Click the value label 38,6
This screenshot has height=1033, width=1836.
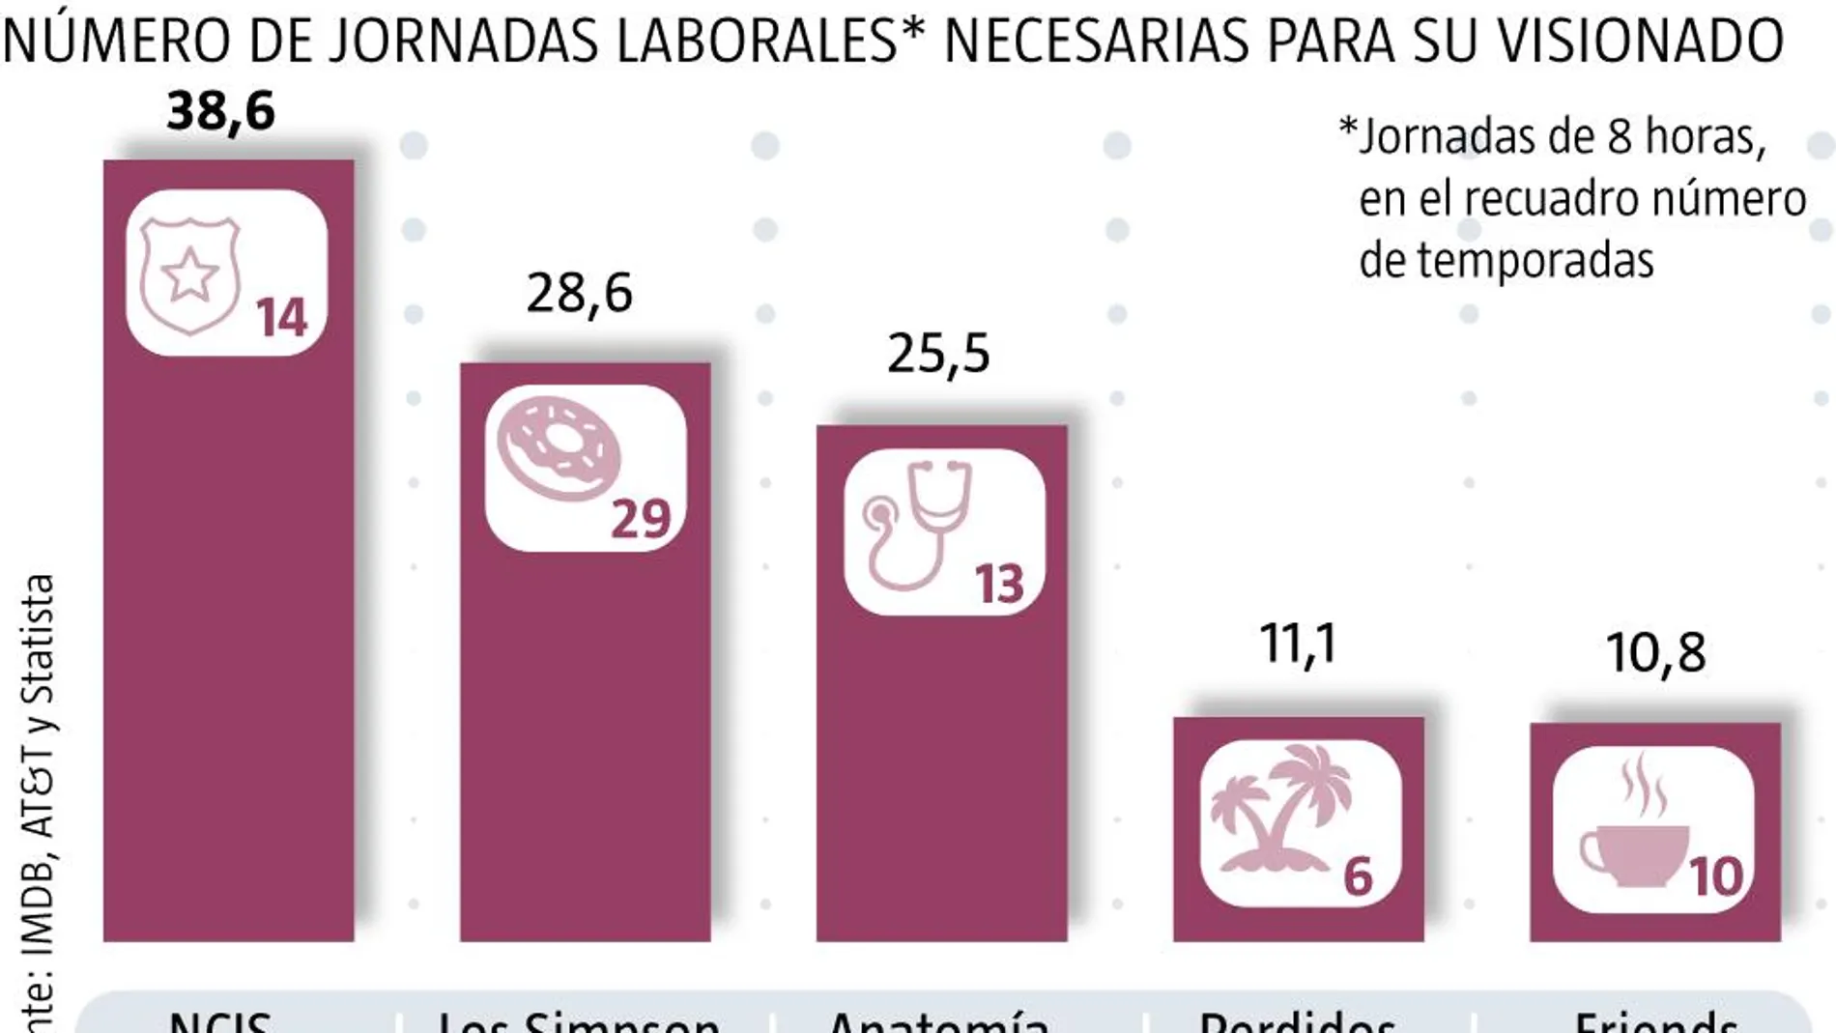click(221, 111)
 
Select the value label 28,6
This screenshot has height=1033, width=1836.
click(579, 293)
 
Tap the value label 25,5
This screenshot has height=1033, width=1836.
click(938, 354)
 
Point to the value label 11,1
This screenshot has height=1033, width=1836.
click(1298, 644)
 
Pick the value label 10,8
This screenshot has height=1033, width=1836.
click(1655, 653)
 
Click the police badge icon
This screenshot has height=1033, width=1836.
click(189, 274)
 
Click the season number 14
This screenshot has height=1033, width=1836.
click(281, 318)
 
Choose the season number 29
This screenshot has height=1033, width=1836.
click(641, 519)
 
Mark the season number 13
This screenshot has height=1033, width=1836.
click(998, 585)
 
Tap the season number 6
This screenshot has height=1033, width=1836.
click(1358, 877)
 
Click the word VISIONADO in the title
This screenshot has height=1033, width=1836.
click(1639, 41)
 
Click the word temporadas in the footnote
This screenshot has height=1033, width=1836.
click(1506, 260)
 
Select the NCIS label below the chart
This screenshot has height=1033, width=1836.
click(220, 1022)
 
